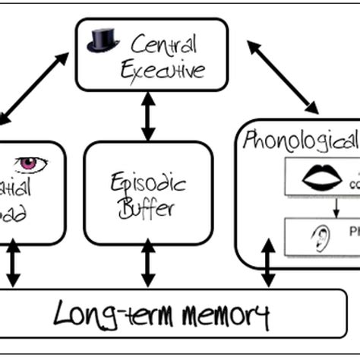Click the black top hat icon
[x=103, y=40]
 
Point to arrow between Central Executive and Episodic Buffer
[x=148, y=117]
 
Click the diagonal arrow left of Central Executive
[x=34, y=87]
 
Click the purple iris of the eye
[x=31, y=163]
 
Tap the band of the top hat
[x=103, y=45]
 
